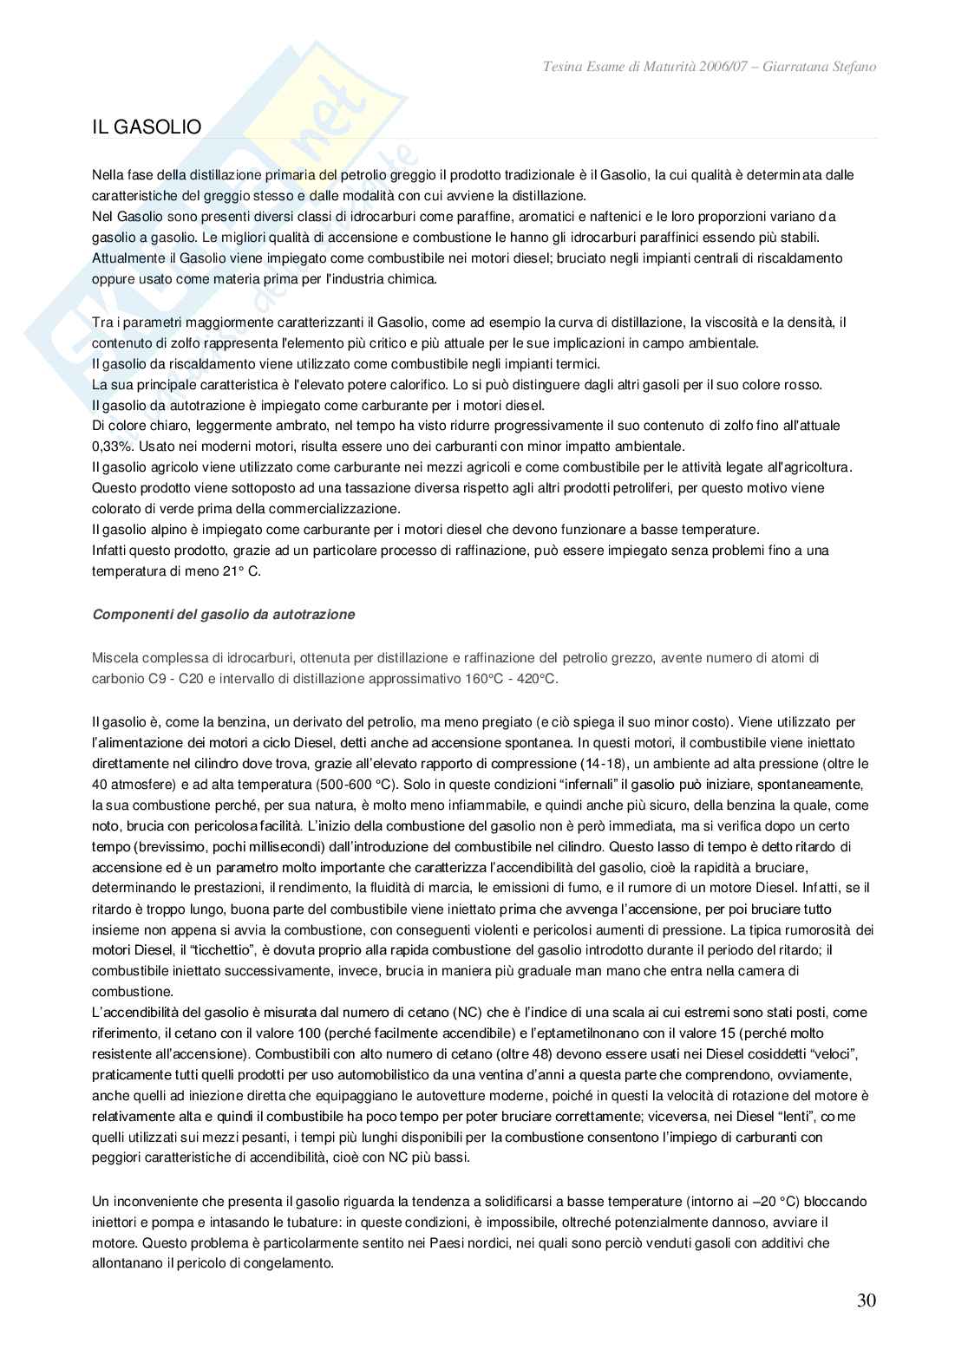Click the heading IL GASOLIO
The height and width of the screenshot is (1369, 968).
pyautogui.click(x=147, y=127)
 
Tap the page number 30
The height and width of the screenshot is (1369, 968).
pyautogui.click(x=866, y=1301)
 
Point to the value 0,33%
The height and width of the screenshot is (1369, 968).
pyautogui.click(x=109, y=447)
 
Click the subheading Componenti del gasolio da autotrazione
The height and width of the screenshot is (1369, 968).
pyautogui.click(x=223, y=615)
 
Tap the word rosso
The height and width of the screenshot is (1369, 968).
pyautogui.click(x=803, y=384)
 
